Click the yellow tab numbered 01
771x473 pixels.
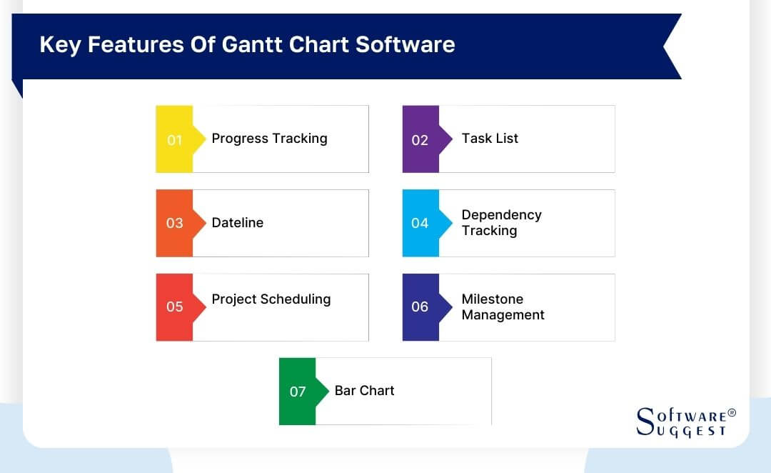[x=175, y=139]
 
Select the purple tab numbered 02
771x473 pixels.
[x=420, y=139]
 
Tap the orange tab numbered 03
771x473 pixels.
[x=175, y=223]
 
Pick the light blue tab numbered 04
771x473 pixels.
[x=420, y=223]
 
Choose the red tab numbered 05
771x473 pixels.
[x=175, y=307]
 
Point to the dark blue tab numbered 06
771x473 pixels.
[x=420, y=307]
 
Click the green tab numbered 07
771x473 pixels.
[x=298, y=391]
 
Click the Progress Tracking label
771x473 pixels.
[x=269, y=139]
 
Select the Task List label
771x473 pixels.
[x=490, y=139]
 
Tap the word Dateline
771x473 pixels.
[x=237, y=223]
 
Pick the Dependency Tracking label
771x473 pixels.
[x=501, y=223]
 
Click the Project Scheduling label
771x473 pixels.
[x=271, y=299]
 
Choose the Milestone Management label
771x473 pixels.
[x=503, y=307]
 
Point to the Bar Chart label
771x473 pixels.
[x=364, y=391]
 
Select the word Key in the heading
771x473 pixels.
[x=59, y=44]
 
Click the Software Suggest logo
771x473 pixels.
[x=685, y=422]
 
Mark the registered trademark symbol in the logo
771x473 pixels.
[x=731, y=413]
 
